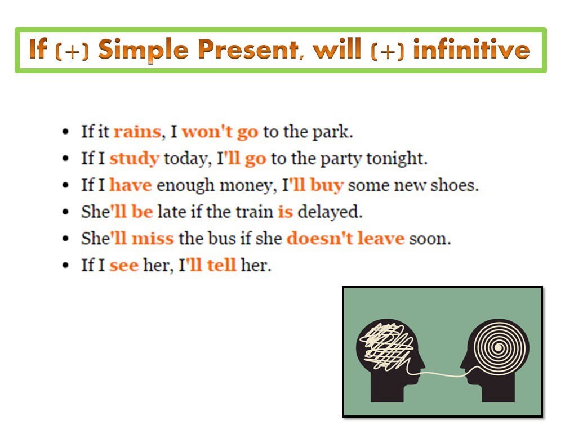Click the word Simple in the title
point(145,50)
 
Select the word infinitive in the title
point(471,50)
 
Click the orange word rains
point(137,132)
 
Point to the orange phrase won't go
point(220,132)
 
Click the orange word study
point(134,159)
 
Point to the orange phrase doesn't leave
point(345,239)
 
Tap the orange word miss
point(154,239)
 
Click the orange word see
point(124,265)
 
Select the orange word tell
point(221,265)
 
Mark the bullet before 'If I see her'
point(66,265)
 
